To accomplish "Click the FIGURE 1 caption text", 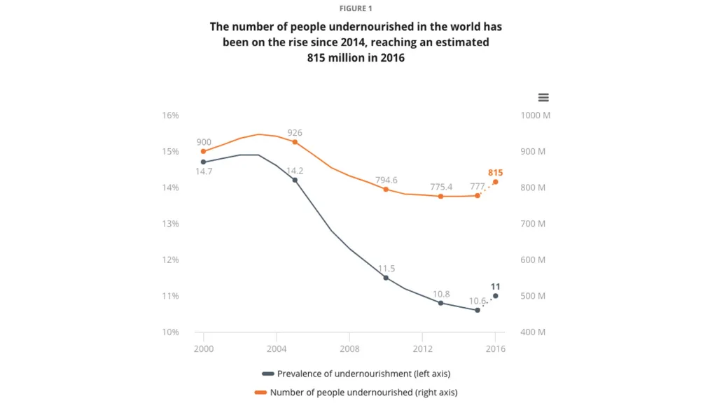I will [x=356, y=8].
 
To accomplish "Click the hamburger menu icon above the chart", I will [x=543, y=98].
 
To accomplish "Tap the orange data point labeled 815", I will [x=496, y=182].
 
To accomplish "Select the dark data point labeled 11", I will [x=496, y=296].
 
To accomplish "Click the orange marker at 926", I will [x=295, y=142].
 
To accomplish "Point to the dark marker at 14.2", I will [x=295, y=180].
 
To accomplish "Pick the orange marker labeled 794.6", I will [x=386, y=189].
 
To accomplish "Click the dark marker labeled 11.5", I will [x=386, y=278].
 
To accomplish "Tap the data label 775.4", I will [x=440, y=187].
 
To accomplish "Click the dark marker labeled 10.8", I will [x=440, y=303].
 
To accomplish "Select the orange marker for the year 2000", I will [x=204, y=151].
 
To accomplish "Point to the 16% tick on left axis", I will [x=171, y=115].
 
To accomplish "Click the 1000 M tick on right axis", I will [x=536, y=115].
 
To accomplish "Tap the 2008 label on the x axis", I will [x=349, y=348].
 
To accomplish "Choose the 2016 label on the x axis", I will [x=496, y=348].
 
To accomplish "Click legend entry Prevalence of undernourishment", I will [x=358, y=374].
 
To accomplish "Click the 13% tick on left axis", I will [x=171, y=224].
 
